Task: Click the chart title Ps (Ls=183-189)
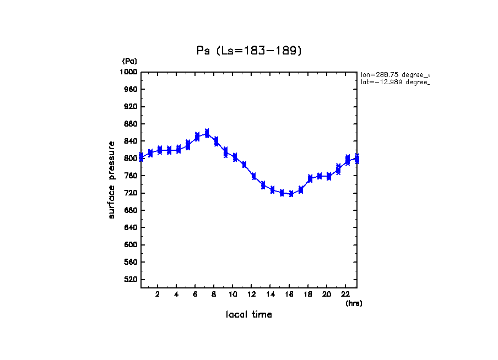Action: (x=249, y=51)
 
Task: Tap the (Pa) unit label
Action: (x=129, y=61)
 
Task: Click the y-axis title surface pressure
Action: (x=112, y=179)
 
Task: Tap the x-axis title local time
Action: (x=248, y=315)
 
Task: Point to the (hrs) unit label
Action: (x=353, y=303)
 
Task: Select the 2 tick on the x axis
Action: (x=158, y=294)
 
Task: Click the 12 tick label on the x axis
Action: (x=252, y=294)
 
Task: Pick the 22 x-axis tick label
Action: (x=345, y=294)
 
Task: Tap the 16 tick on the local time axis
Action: (x=290, y=294)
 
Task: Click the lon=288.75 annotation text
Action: (x=394, y=74)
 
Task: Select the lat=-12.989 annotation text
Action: (x=394, y=82)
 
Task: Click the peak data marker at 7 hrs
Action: (x=207, y=133)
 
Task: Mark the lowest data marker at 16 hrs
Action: (x=291, y=194)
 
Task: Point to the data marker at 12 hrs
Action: (x=253, y=176)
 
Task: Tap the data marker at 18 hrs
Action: (x=310, y=178)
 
